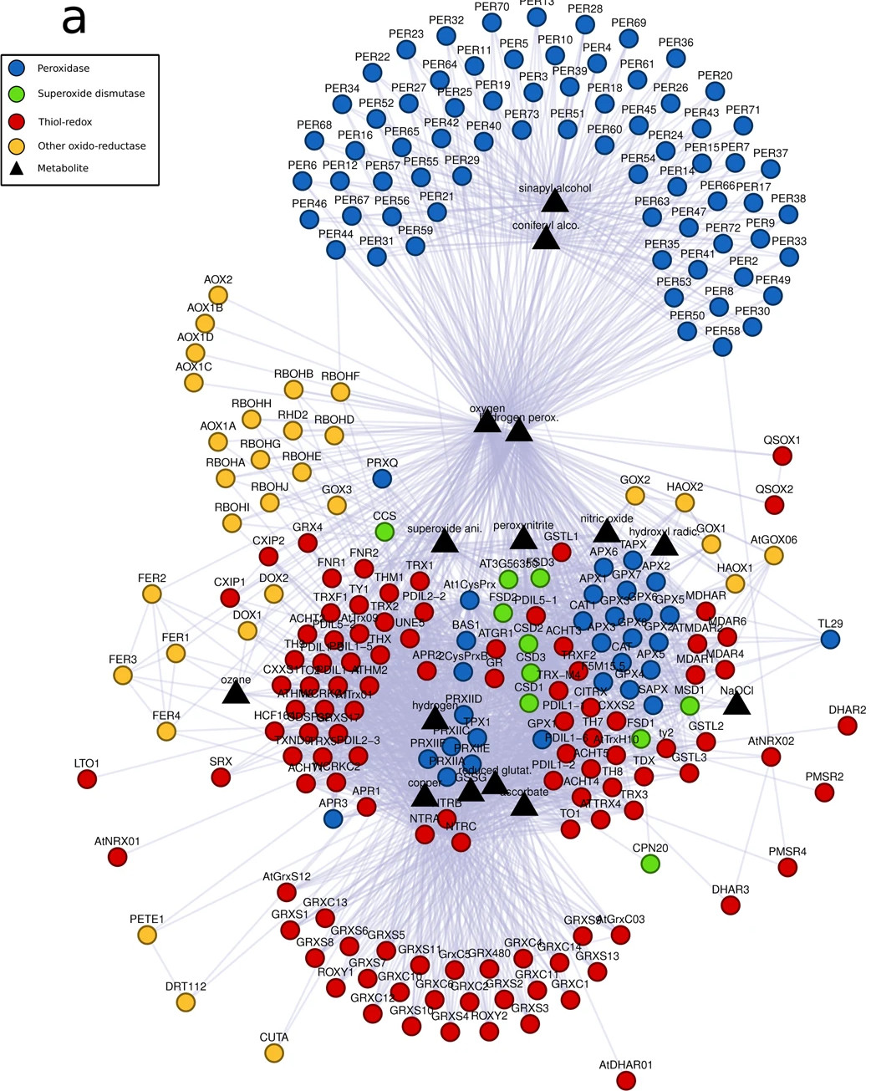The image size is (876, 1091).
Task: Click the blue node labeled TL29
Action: [830, 640]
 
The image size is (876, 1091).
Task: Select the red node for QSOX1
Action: [782, 456]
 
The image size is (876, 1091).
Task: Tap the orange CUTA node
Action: [273, 1053]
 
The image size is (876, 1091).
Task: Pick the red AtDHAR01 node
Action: [625, 1080]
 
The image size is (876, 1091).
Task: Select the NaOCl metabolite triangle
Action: [736, 704]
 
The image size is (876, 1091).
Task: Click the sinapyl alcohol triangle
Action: [554, 201]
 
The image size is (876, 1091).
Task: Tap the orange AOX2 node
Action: [217, 295]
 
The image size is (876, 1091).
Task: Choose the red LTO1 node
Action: [86, 779]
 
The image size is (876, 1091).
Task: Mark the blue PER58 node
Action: [722, 347]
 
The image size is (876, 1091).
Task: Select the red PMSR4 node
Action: [787, 867]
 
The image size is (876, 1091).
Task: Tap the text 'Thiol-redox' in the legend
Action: [65, 122]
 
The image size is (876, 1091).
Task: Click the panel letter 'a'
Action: [74, 20]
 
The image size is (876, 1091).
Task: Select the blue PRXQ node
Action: [381, 478]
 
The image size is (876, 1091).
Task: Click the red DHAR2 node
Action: [847, 726]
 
